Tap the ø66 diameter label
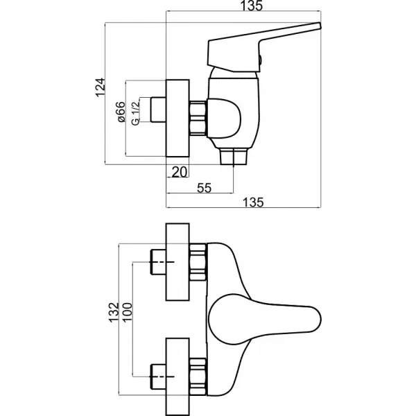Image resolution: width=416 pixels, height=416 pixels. pos(119,113)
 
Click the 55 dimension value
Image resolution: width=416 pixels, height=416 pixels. pos(205,187)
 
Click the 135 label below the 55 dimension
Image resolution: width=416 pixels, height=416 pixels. pos(254,202)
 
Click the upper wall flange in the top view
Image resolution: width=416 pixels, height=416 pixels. pos(178,263)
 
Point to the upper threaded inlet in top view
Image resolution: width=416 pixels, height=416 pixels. pos(158,263)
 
